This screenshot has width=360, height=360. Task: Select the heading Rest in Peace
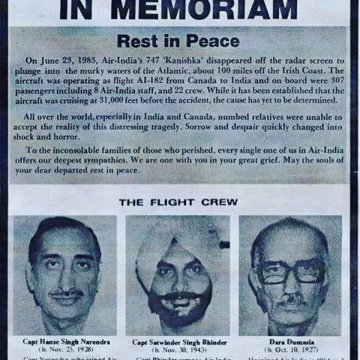tap(178, 41)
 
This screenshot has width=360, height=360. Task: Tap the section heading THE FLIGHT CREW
tap(178, 202)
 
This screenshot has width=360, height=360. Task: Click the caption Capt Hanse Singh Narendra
tap(67, 341)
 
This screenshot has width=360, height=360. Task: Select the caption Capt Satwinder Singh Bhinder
tap(178, 342)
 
